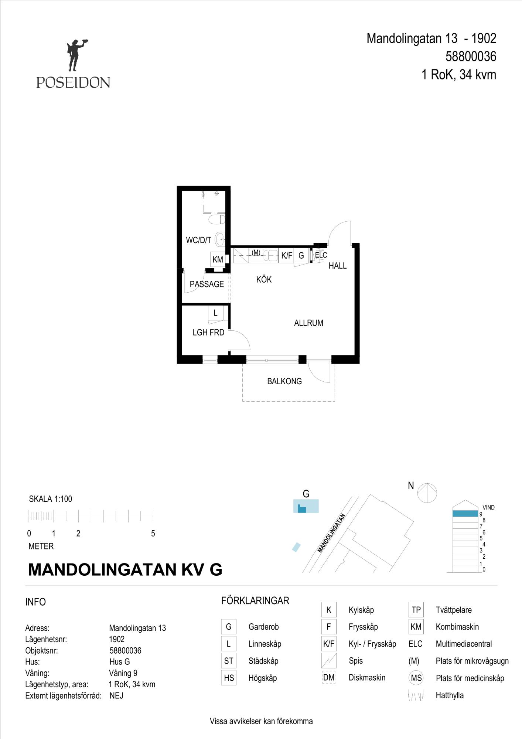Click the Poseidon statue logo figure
tap(76, 55)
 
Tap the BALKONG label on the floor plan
tap(284, 381)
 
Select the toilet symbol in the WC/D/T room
tap(217, 219)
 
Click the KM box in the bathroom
tap(218, 259)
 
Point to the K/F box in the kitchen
tap(287, 255)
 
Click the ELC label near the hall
tap(321, 255)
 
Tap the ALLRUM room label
tap(308, 323)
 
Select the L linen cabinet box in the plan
tap(215, 313)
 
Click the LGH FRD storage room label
tap(208, 333)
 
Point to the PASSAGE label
tap(207, 284)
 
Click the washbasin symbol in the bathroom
tap(220, 239)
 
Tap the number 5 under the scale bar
tap(153, 534)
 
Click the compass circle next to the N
tap(427, 493)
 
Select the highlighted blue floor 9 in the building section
tap(465, 513)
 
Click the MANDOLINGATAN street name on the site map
tap(331, 533)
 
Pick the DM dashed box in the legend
tap(329, 678)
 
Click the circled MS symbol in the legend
tap(416, 678)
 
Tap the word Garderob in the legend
tap(263, 627)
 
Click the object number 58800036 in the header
tap(471, 57)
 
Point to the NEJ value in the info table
tap(116, 696)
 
